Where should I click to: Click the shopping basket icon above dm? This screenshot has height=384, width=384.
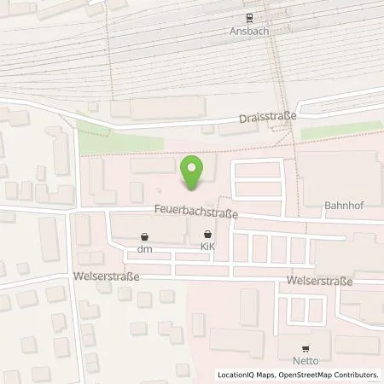click(145, 236)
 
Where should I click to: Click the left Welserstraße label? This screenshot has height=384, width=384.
click(107, 276)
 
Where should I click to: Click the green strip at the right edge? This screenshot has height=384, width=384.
click(341, 130)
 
